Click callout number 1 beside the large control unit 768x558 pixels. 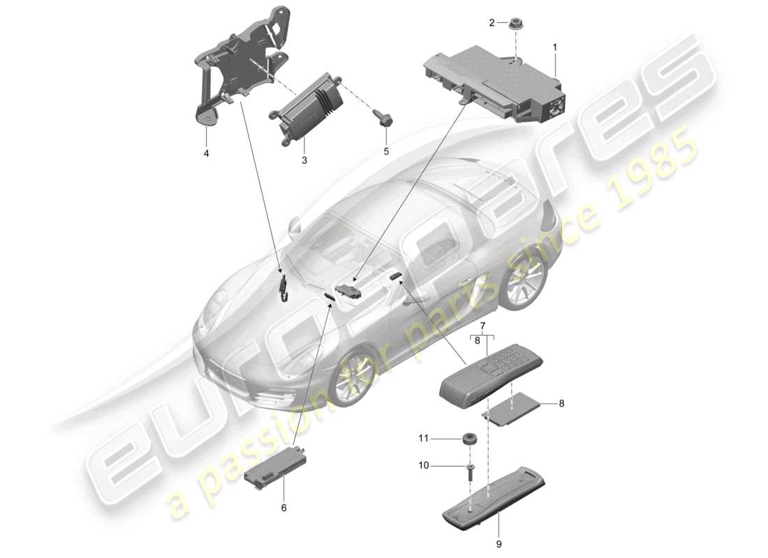[x=555, y=47]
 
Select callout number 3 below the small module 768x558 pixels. [x=304, y=160]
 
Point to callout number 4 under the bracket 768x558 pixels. [x=206, y=152]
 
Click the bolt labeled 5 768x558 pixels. [x=385, y=150]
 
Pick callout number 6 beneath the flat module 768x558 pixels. [x=283, y=508]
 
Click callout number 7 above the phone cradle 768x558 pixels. [x=482, y=326]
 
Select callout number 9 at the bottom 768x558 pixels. [x=499, y=543]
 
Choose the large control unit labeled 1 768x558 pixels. [x=496, y=77]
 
